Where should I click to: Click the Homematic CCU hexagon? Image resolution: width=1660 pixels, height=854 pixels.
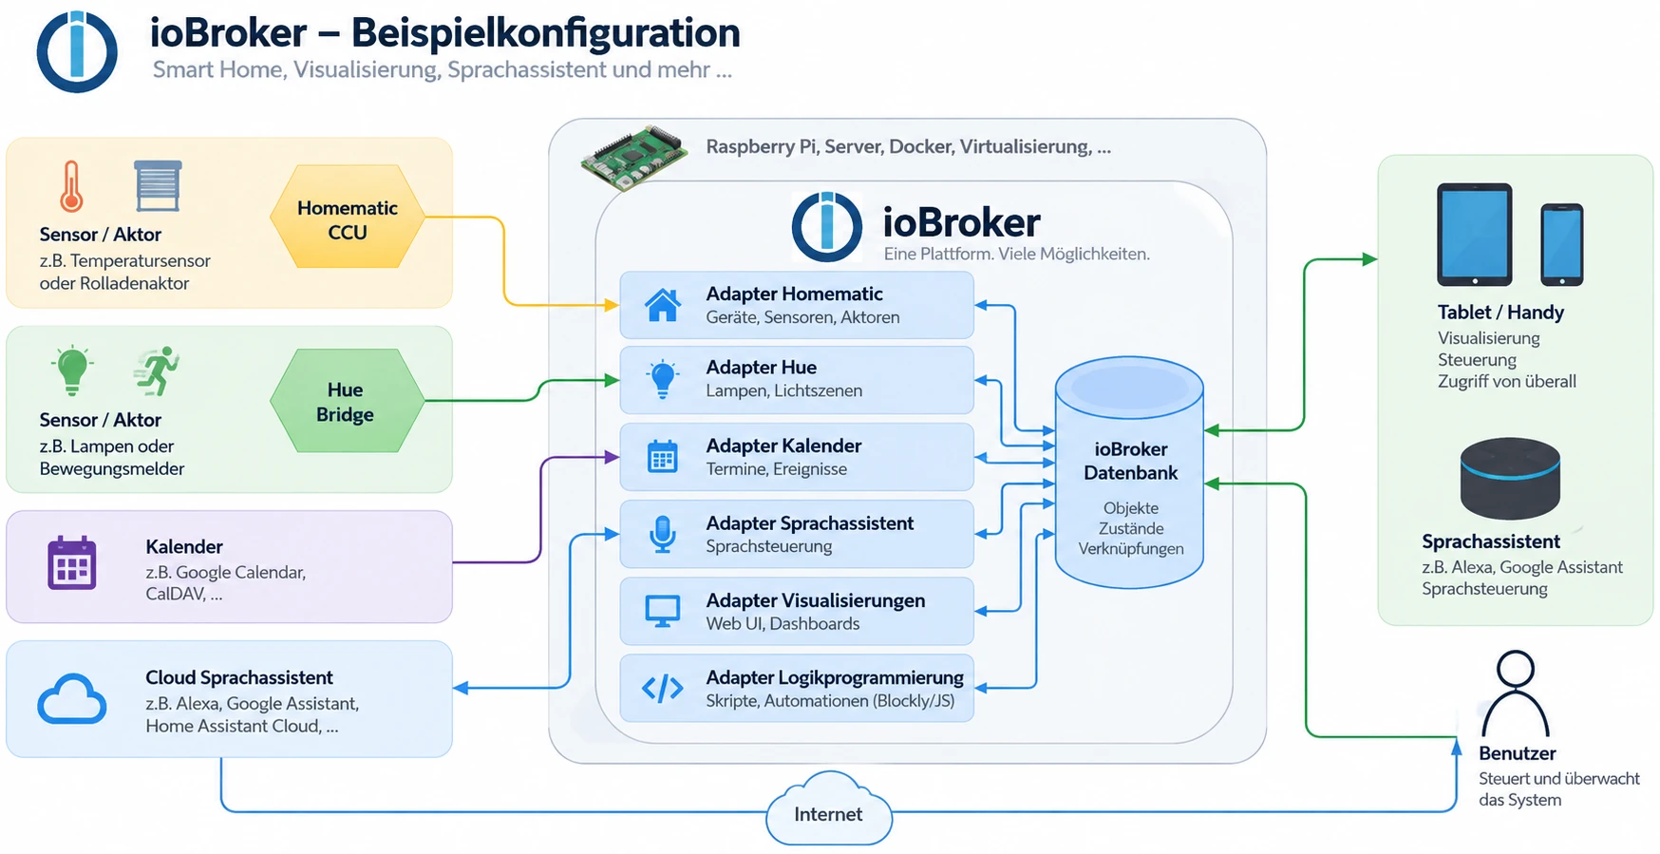(x=347, y=218)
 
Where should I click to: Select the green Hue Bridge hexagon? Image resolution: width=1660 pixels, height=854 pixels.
(x=347, y=401)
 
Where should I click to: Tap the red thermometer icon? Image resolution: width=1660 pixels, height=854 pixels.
(x=71, y=186)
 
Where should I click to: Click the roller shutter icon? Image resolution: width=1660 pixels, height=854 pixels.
(x=158, y=185)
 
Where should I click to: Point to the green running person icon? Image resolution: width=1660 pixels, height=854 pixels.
(x=158, y=370)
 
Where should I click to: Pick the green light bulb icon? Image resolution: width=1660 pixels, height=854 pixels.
(x=73, y=370)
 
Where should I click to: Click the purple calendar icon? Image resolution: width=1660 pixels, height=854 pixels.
(x=72, y=563)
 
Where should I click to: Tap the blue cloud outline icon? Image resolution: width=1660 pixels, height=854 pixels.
(x=72, y=700)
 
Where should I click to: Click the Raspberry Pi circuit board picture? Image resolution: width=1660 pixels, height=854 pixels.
(x=634, y=157)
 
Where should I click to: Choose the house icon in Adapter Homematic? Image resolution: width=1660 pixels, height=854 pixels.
(x=663, y=305)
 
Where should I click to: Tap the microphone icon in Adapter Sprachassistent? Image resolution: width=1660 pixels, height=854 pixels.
(x=663, y=534)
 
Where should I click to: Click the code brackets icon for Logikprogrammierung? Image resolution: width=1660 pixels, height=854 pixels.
(x=663, y=688)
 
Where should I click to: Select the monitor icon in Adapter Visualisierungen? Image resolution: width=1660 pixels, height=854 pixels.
(x=663, y=611)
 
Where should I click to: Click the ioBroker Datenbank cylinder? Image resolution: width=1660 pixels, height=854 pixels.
(x=1130, y=472)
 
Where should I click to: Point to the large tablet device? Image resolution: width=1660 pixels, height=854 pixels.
(x=1475, y=235)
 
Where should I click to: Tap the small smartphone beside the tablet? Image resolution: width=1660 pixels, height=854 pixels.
(x=1562, y=244)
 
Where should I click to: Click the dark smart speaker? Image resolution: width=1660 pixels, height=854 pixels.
(x=1510, y=479)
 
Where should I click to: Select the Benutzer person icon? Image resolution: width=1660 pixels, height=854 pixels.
(x=1516, y=693)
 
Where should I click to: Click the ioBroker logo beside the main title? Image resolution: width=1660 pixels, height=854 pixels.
(x=77, y=51)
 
